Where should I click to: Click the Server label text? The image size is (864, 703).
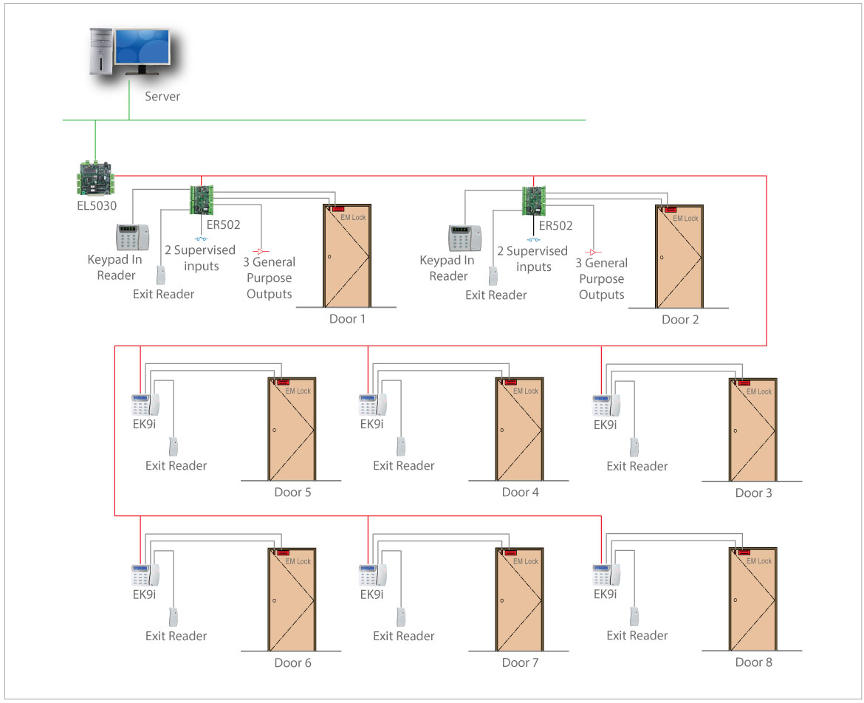point(162,97)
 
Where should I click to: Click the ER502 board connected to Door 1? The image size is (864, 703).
point(202,199)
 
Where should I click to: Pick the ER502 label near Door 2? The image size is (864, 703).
point(555,226)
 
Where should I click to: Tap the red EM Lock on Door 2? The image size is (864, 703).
point(671,210)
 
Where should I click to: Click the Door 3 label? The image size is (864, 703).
point(753,493)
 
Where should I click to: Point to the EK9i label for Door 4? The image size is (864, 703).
point(371,424)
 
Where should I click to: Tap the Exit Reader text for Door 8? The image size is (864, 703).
point(637,635)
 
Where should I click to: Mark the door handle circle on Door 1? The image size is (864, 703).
point(329,257)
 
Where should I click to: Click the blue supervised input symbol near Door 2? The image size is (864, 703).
point(533,239)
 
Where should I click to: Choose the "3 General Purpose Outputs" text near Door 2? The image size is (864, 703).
point(601,278)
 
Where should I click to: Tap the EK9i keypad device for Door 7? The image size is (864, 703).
point(371,575)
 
